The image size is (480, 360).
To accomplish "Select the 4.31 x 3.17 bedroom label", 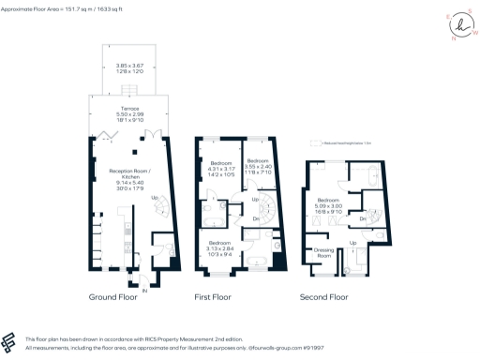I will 222,169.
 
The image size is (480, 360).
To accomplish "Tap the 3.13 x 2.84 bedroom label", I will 222,247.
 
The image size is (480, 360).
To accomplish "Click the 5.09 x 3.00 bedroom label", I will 329,206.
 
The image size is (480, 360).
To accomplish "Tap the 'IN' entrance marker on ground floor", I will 144,292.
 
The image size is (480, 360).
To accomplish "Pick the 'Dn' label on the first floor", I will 256,218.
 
